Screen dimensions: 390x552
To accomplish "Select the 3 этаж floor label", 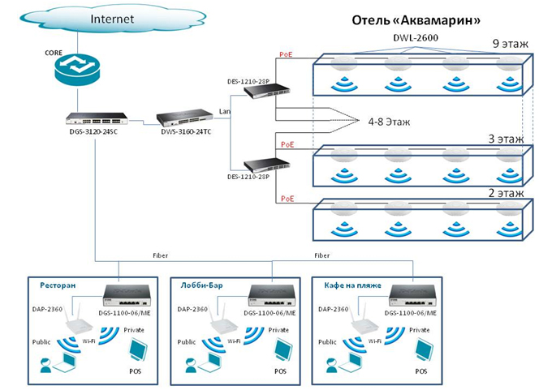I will pyautogui.click(x=509, y=139).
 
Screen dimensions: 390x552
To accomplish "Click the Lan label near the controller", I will pyautogui.click(x=226, y=110).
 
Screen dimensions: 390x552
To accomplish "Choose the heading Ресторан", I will pyautogui.click(x=58, y=285).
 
